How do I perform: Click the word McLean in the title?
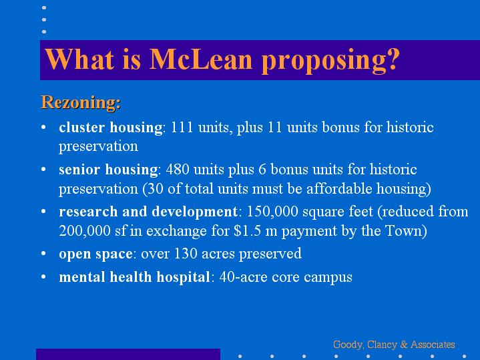pos(201,59)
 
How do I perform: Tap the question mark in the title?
pos(393,59)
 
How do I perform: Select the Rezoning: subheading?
pos(81,102)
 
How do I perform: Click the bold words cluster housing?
pos(111,128)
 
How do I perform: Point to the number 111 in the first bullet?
pos(182,127)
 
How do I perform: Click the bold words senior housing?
pos(108,170)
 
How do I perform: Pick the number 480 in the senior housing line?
pos(178,169)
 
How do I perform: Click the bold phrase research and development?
pos(148,212)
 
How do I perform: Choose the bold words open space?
pos(95,254)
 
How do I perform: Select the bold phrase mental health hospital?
pos(134,277)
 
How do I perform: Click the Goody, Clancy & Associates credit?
pos(394,345)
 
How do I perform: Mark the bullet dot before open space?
pos(43,254)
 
